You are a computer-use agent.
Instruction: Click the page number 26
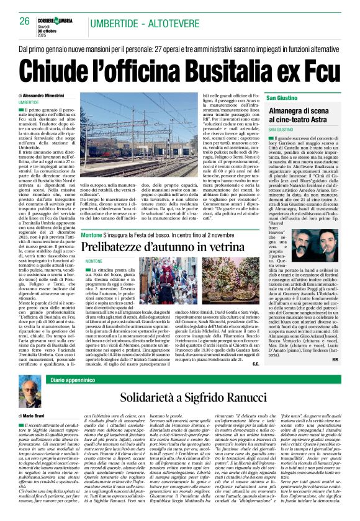pos(25,21)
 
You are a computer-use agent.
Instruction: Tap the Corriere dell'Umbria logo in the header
pos(64,19)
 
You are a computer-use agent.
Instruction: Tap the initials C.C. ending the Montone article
pos(256,363)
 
